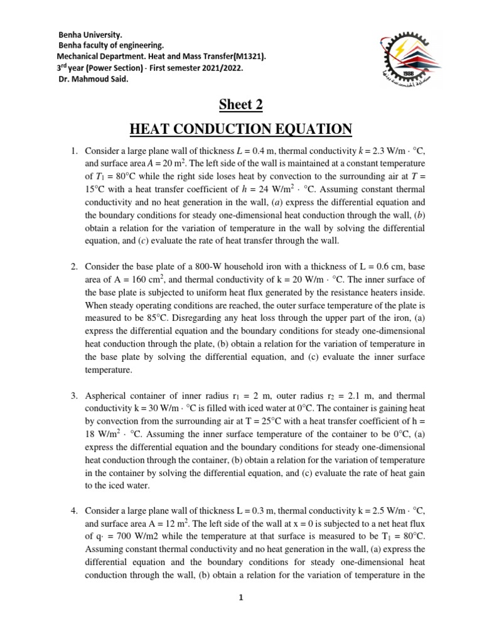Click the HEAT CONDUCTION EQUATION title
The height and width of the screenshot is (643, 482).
(240, 129)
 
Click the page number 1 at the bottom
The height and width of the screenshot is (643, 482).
(240, 597)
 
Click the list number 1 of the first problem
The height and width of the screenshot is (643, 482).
(73, 152)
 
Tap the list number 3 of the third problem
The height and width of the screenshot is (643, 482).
(73, 396)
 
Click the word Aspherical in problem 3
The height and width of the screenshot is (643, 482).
(108, 396)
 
